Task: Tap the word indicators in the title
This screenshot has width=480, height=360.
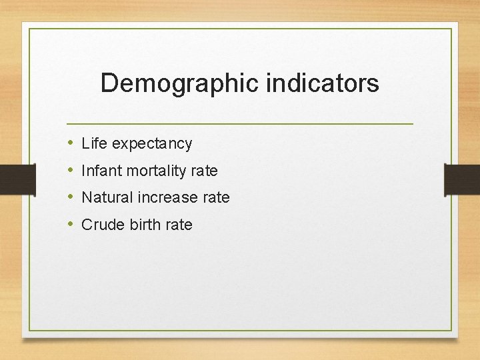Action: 323,83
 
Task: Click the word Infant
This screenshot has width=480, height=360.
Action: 101,171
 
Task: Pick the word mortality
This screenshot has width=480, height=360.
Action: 156,171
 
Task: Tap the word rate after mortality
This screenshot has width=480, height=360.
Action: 204,171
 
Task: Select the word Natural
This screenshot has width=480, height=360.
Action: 107,197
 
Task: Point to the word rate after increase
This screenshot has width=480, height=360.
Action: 216,197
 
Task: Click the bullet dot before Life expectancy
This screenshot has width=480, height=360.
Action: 71,143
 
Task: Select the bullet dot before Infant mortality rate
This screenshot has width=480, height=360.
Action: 71,171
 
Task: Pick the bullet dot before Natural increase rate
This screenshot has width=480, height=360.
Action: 71,197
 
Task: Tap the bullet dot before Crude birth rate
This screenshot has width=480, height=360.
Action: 71,225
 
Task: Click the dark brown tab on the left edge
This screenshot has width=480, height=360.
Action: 17,179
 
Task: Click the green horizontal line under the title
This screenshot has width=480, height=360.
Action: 240,124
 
